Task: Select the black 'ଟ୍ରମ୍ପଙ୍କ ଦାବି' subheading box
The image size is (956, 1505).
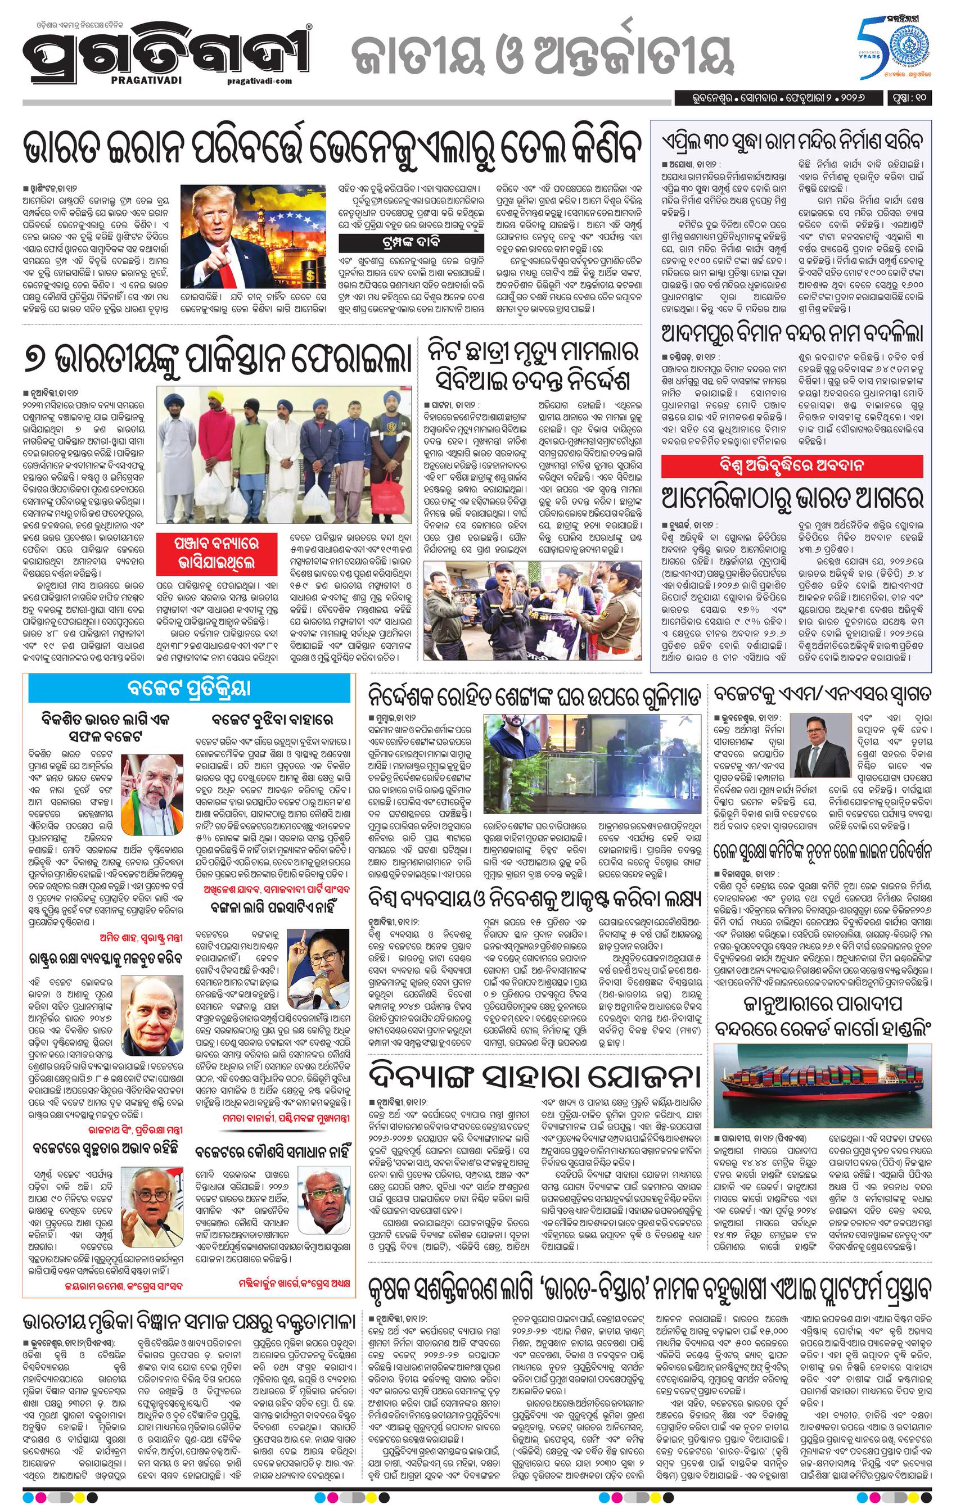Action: pyautogui.click(x=412, y=242)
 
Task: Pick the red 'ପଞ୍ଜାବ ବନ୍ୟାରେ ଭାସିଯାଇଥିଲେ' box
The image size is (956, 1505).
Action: pyautogui.click(x=217, y=550)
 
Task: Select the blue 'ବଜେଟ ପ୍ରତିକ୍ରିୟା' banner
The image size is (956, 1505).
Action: pyautogui.click(x=189, y=688)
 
